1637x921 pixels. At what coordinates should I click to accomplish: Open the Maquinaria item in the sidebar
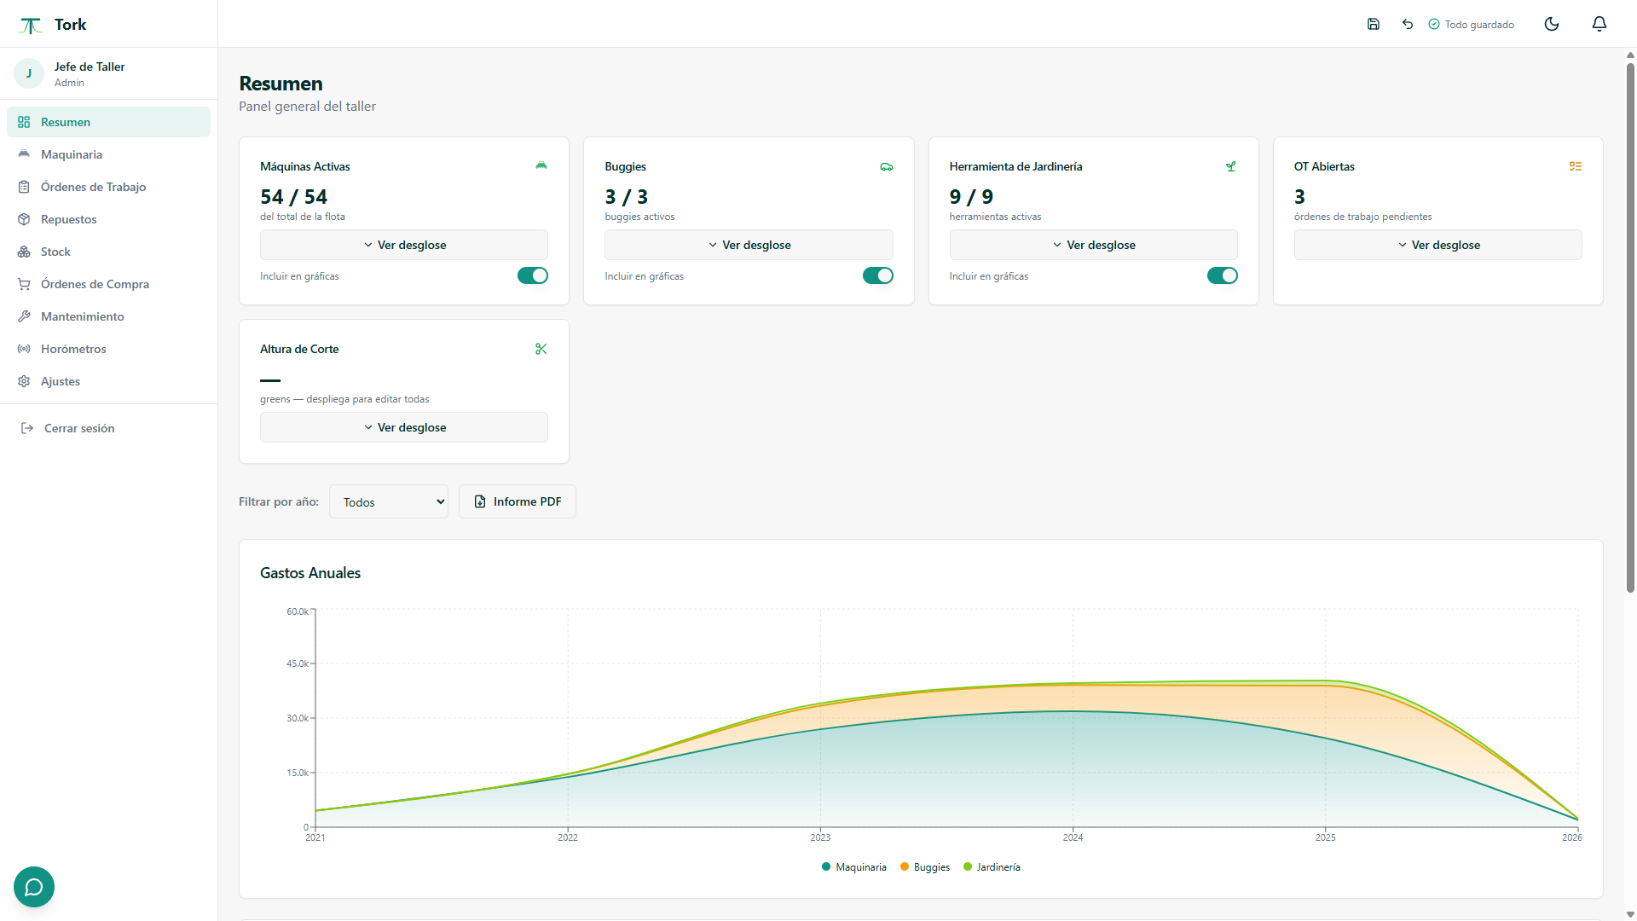[72, 154]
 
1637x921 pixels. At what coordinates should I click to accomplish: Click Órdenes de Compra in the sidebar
[95, 284]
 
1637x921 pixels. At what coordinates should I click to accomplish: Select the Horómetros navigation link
[73, 349]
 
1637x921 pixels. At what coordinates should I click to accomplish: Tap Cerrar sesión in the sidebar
[79, 428]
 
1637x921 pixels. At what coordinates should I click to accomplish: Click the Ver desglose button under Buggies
[749, 245]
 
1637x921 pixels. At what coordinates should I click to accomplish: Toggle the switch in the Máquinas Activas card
[533, 275]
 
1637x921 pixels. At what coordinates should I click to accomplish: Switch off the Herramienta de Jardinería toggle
[1222, 275]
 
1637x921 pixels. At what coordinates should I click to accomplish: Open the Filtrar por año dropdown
[389, 501]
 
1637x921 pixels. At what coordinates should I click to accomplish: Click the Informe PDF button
[518, 501]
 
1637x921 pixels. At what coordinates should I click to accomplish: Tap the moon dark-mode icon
[1552, 24]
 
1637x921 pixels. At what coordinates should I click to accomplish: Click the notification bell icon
[1599, 24]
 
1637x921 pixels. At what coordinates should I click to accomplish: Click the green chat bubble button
[34, 887]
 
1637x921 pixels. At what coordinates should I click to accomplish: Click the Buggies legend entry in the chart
[925, 867]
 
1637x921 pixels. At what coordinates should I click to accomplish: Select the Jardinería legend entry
[992, 867]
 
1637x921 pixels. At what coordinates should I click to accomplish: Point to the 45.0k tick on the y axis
[298, 663]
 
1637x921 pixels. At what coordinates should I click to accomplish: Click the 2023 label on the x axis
[820, 837]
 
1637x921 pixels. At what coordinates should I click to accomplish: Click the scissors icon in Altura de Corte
[541, 349]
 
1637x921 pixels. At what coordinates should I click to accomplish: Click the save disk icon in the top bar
[1374, 24]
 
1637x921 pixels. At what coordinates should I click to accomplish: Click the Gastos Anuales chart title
[310, 573]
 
